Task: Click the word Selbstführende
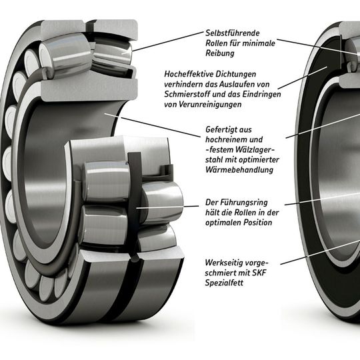point(232,33)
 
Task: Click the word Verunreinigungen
point(213,106)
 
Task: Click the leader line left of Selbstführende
point(167,41)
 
